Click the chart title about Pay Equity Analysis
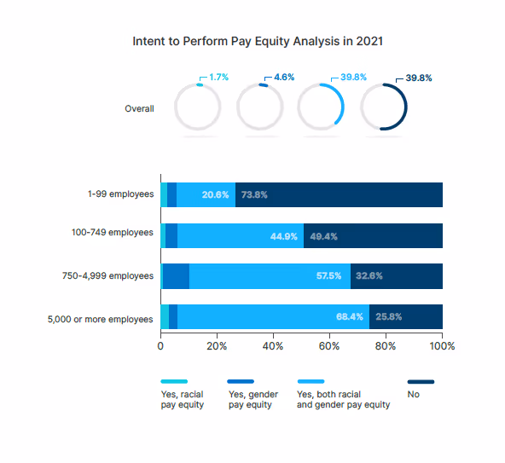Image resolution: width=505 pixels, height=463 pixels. click(252, 41)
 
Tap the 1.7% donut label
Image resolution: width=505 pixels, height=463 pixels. click(218, 78)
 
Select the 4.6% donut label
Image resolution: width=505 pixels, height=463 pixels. click(283, 78)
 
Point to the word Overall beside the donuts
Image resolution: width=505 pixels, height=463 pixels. click(139, 108)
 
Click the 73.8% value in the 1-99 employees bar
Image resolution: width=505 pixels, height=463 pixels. click(254, 194)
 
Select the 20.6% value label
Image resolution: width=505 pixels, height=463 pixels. click(215, 194)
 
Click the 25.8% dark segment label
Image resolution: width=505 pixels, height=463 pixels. click(388, 316)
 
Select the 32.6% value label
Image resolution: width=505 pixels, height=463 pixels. click(369, 276)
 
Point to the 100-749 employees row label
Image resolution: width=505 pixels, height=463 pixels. click(113, 233)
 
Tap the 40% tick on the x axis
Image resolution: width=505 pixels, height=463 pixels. click(273, 346)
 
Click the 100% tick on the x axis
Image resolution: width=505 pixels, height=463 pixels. click(441, 346)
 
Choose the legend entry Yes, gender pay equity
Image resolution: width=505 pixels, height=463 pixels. click(250, 399)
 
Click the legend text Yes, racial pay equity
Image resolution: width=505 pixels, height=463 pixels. click(182, 399)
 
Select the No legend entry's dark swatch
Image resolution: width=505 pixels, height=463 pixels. click(421, 382)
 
